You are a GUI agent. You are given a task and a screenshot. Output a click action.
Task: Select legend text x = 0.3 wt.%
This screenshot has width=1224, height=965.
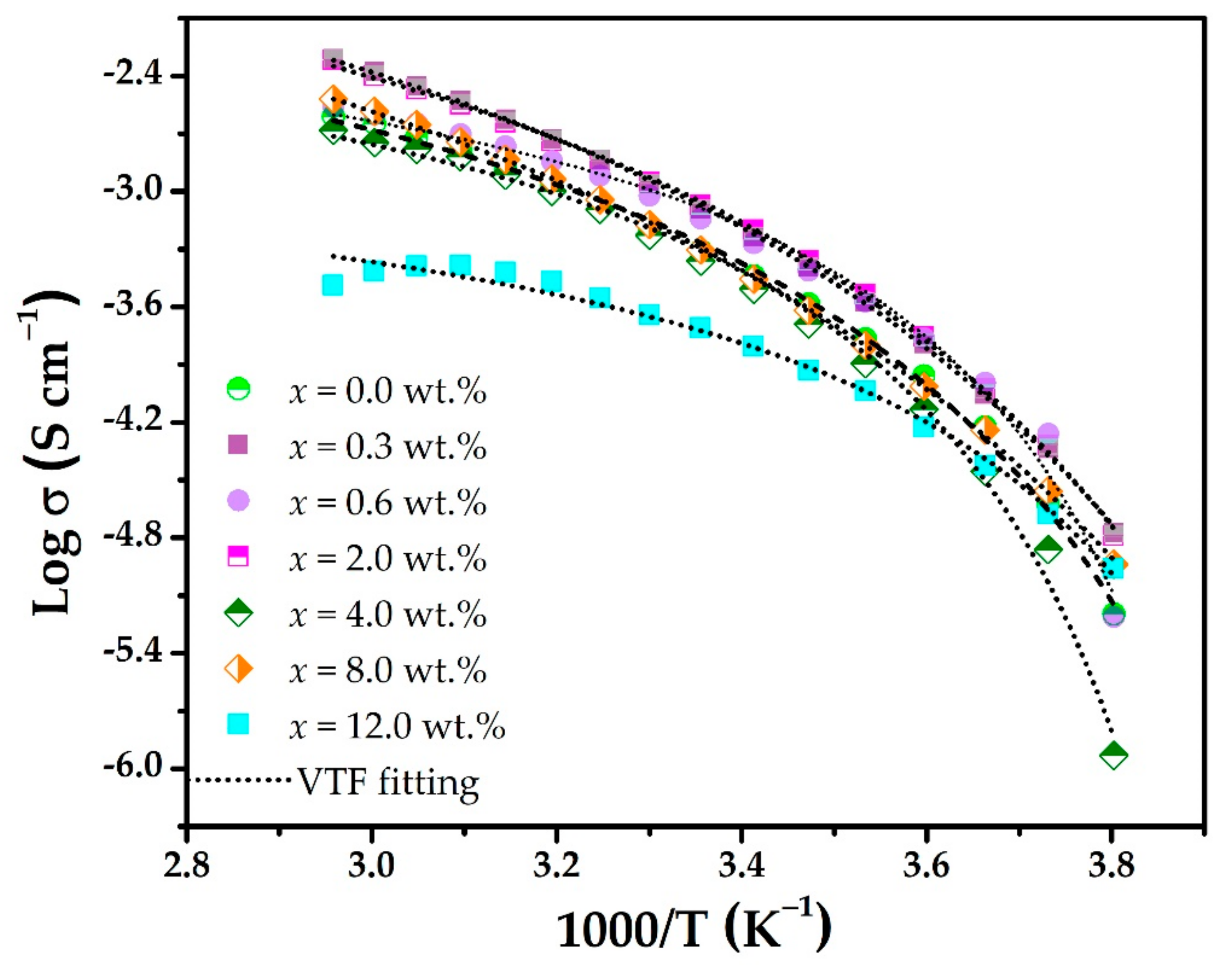387,446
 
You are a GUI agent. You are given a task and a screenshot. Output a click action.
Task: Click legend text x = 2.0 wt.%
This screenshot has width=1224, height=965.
387,558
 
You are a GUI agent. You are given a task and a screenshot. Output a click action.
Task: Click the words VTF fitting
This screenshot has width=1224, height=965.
388,783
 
